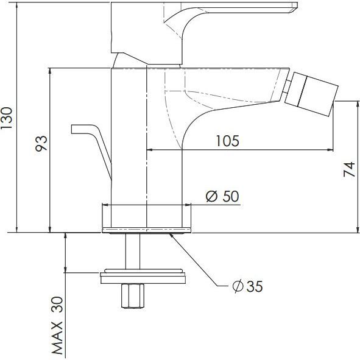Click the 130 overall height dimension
tap(7, 118)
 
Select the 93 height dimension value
tap(41, 143)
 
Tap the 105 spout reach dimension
tap(228, 141)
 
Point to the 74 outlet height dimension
tap(349, 169)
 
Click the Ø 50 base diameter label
tap(222, 196)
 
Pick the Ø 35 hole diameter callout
tap(247, 286)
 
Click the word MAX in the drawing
tap(57, 337)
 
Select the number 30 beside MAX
tap(57, 305)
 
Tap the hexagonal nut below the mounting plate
tap(133, 295)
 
